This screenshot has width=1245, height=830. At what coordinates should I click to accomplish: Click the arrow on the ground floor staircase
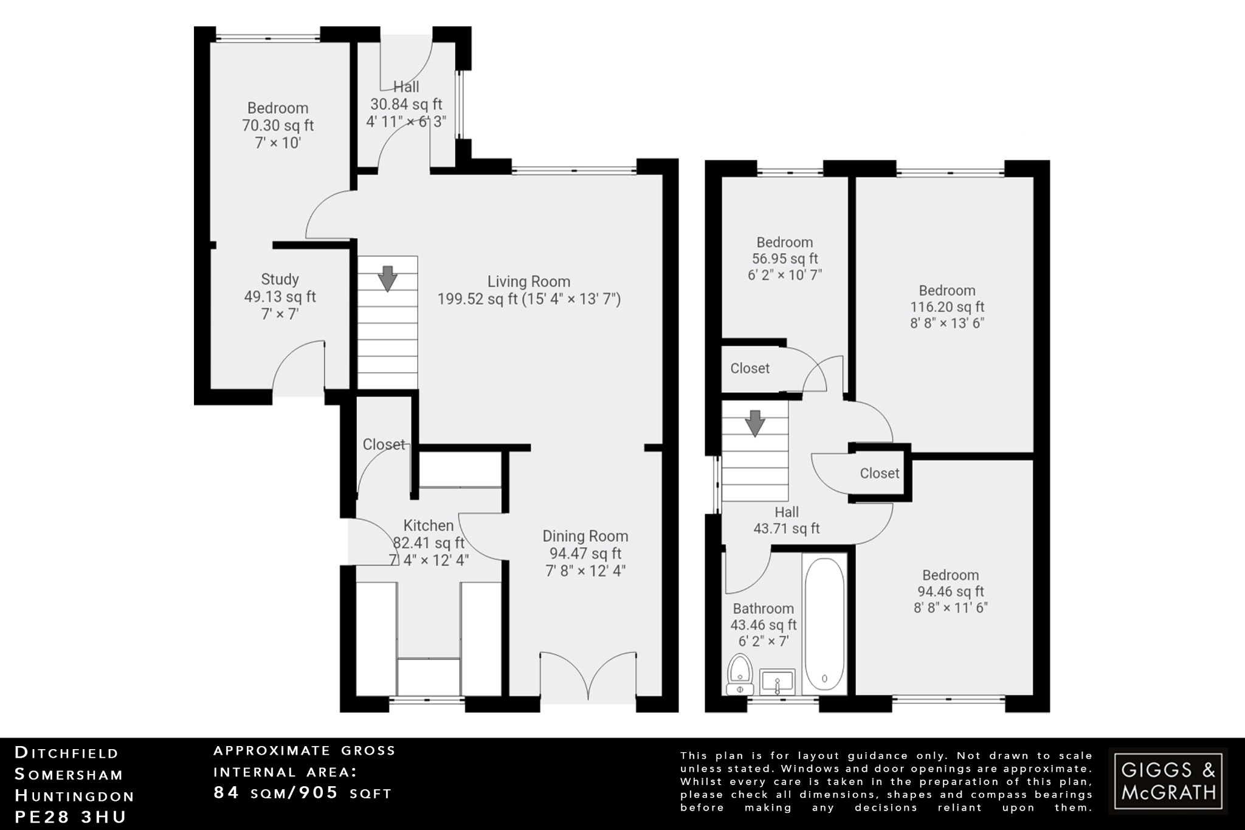click(387, 278)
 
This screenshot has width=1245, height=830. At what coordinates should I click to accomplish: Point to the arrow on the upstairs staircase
click(755, 423)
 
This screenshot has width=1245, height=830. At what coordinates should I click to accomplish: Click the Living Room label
click(529, 282)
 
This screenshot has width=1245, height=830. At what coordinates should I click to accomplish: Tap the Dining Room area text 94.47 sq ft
click(585, 553)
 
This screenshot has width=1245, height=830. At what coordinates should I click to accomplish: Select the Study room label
click(280, 279)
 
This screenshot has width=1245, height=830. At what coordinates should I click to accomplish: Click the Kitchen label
click(429, 525)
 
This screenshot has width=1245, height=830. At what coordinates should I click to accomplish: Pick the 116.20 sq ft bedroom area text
click(947, 307)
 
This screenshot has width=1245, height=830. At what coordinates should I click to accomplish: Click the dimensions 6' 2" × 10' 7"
click(784, 275)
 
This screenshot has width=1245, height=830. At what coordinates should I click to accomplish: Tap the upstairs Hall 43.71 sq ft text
click(786, 528)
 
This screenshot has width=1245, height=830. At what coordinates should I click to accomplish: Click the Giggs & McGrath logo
click(1168, 781)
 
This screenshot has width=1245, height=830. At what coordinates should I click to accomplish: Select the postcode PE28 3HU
click(70, 817)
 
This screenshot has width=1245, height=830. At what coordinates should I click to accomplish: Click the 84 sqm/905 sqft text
click(303, 793)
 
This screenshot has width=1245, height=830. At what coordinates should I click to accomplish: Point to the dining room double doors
click(588, 676)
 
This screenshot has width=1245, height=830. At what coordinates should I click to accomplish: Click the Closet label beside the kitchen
click(384, 444)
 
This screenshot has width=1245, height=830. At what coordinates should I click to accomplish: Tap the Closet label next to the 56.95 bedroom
click(750, 368)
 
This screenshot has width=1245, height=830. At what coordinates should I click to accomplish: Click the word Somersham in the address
click(69, 775)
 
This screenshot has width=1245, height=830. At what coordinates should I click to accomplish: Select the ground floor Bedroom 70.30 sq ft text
click(278, 126)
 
